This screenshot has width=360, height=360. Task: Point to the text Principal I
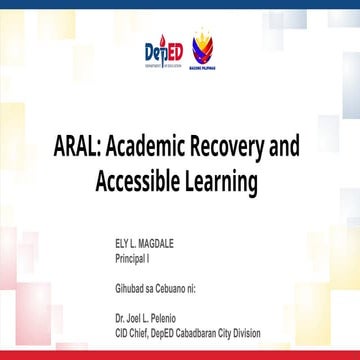(136, 257)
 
